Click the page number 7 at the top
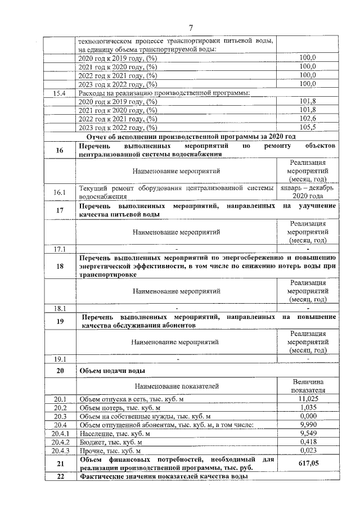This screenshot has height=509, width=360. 191,28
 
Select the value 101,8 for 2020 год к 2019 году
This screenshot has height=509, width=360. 308,101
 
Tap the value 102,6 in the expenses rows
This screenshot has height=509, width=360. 308,119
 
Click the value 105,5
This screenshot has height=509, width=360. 308,128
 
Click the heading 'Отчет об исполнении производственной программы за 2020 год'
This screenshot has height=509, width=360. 191,137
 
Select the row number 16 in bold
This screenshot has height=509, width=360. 60,150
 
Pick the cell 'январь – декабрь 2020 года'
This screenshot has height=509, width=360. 308,192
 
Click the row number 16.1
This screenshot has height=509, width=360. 60,192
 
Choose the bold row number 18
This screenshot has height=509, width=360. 60,267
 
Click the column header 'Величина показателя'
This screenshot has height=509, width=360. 308,386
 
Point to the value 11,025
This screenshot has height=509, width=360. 308,399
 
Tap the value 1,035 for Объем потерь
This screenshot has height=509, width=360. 308,407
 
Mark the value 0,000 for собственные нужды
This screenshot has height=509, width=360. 308,416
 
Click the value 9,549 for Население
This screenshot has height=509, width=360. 308,434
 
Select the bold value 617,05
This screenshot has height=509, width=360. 308,463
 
